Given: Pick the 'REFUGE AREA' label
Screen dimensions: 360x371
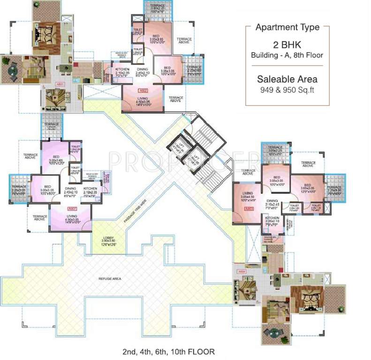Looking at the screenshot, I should (x=111, y=279).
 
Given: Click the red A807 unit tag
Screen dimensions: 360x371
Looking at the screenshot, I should (x=72, y=208).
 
